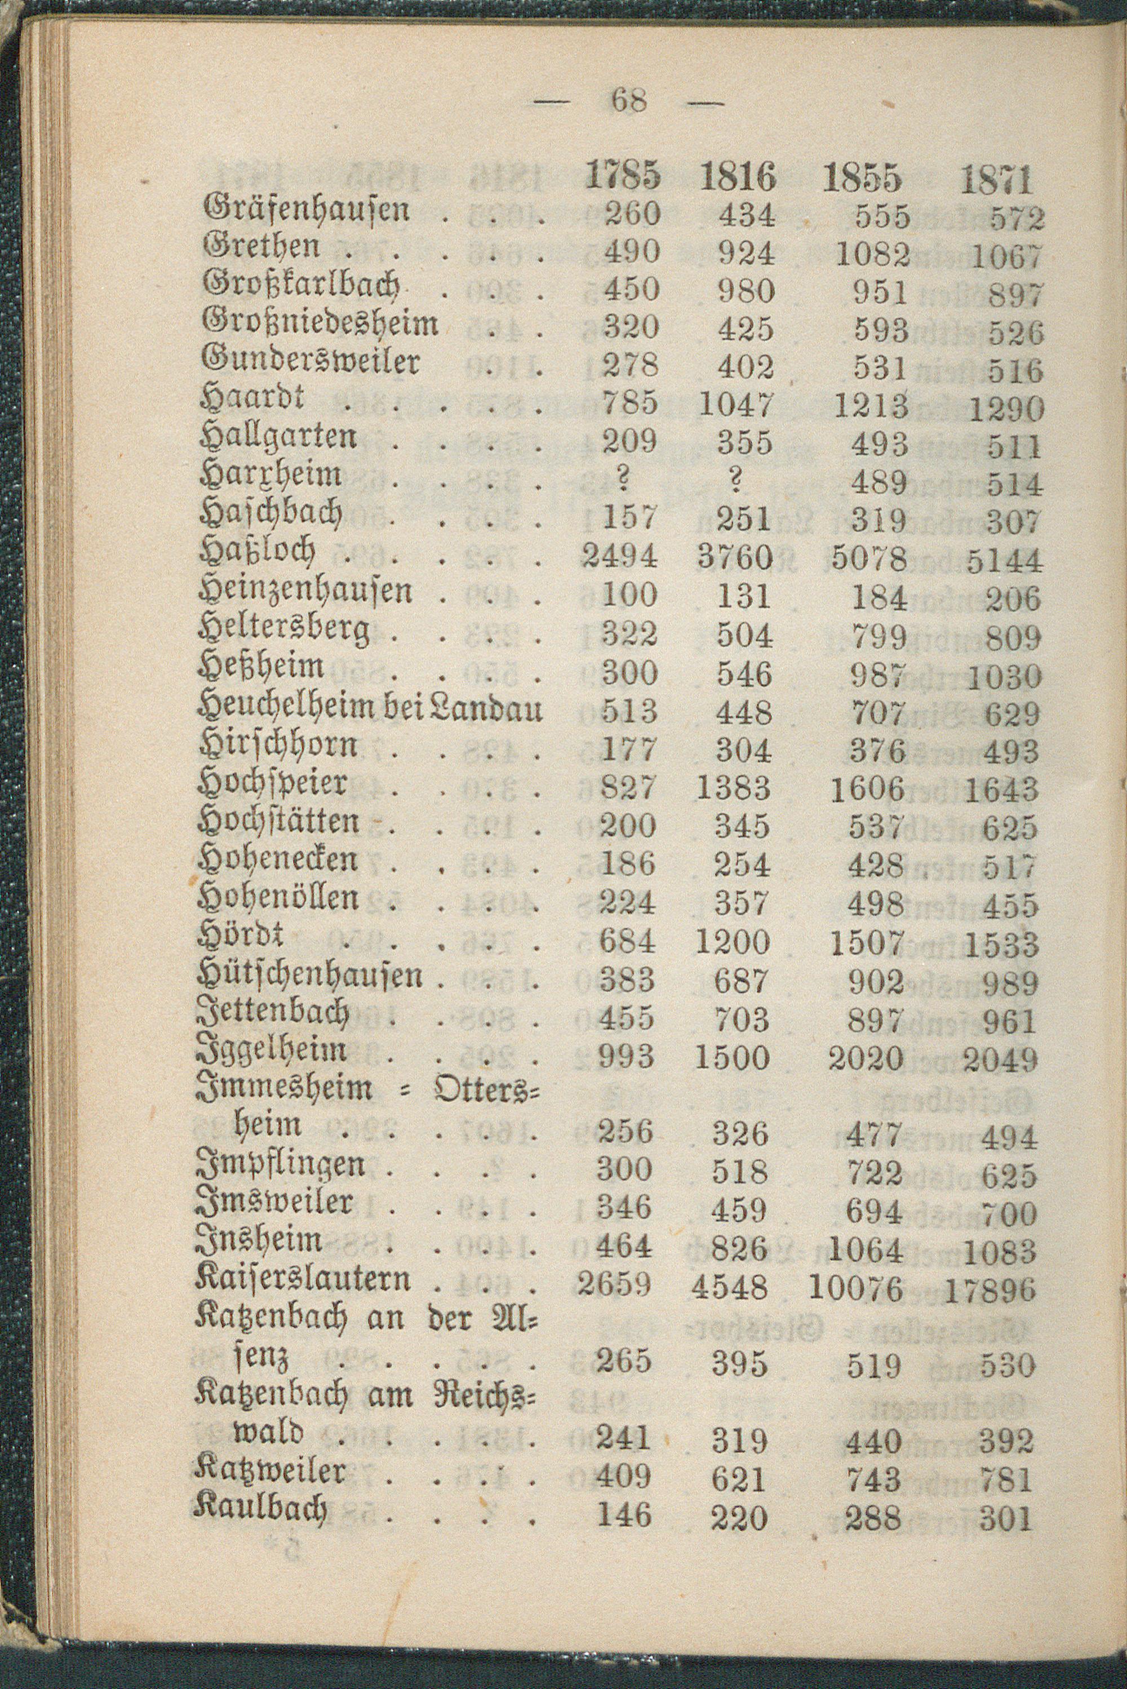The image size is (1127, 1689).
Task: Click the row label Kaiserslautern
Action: click(x=303, y=1279)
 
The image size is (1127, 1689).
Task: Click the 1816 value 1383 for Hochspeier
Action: click(x=733, y=789)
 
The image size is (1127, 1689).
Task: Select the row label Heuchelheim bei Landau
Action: click(x=370, y=710)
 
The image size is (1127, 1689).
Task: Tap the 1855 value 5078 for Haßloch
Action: click(x=869, y=558)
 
